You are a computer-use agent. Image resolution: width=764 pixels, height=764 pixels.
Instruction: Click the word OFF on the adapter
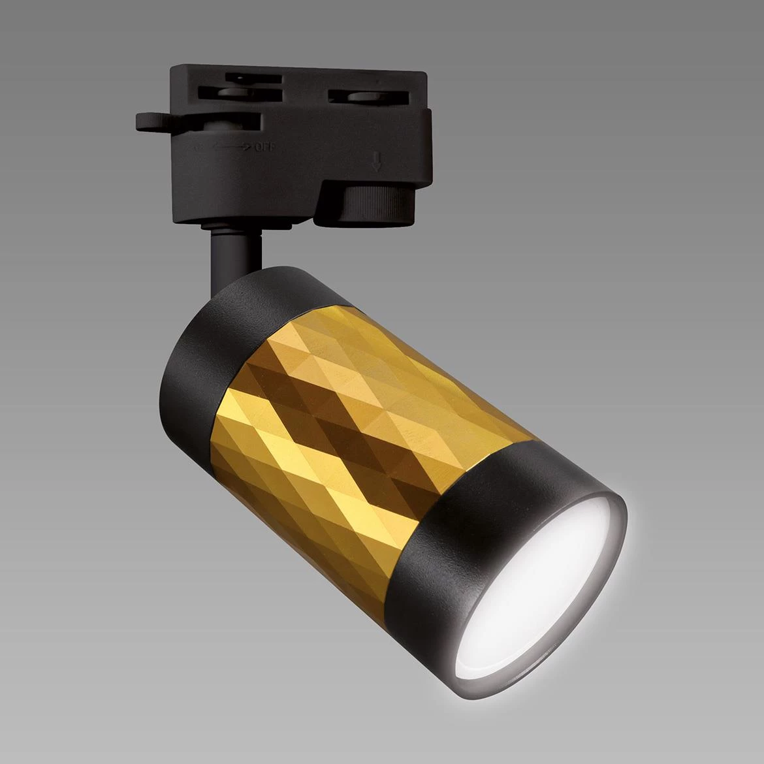(264, 148)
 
